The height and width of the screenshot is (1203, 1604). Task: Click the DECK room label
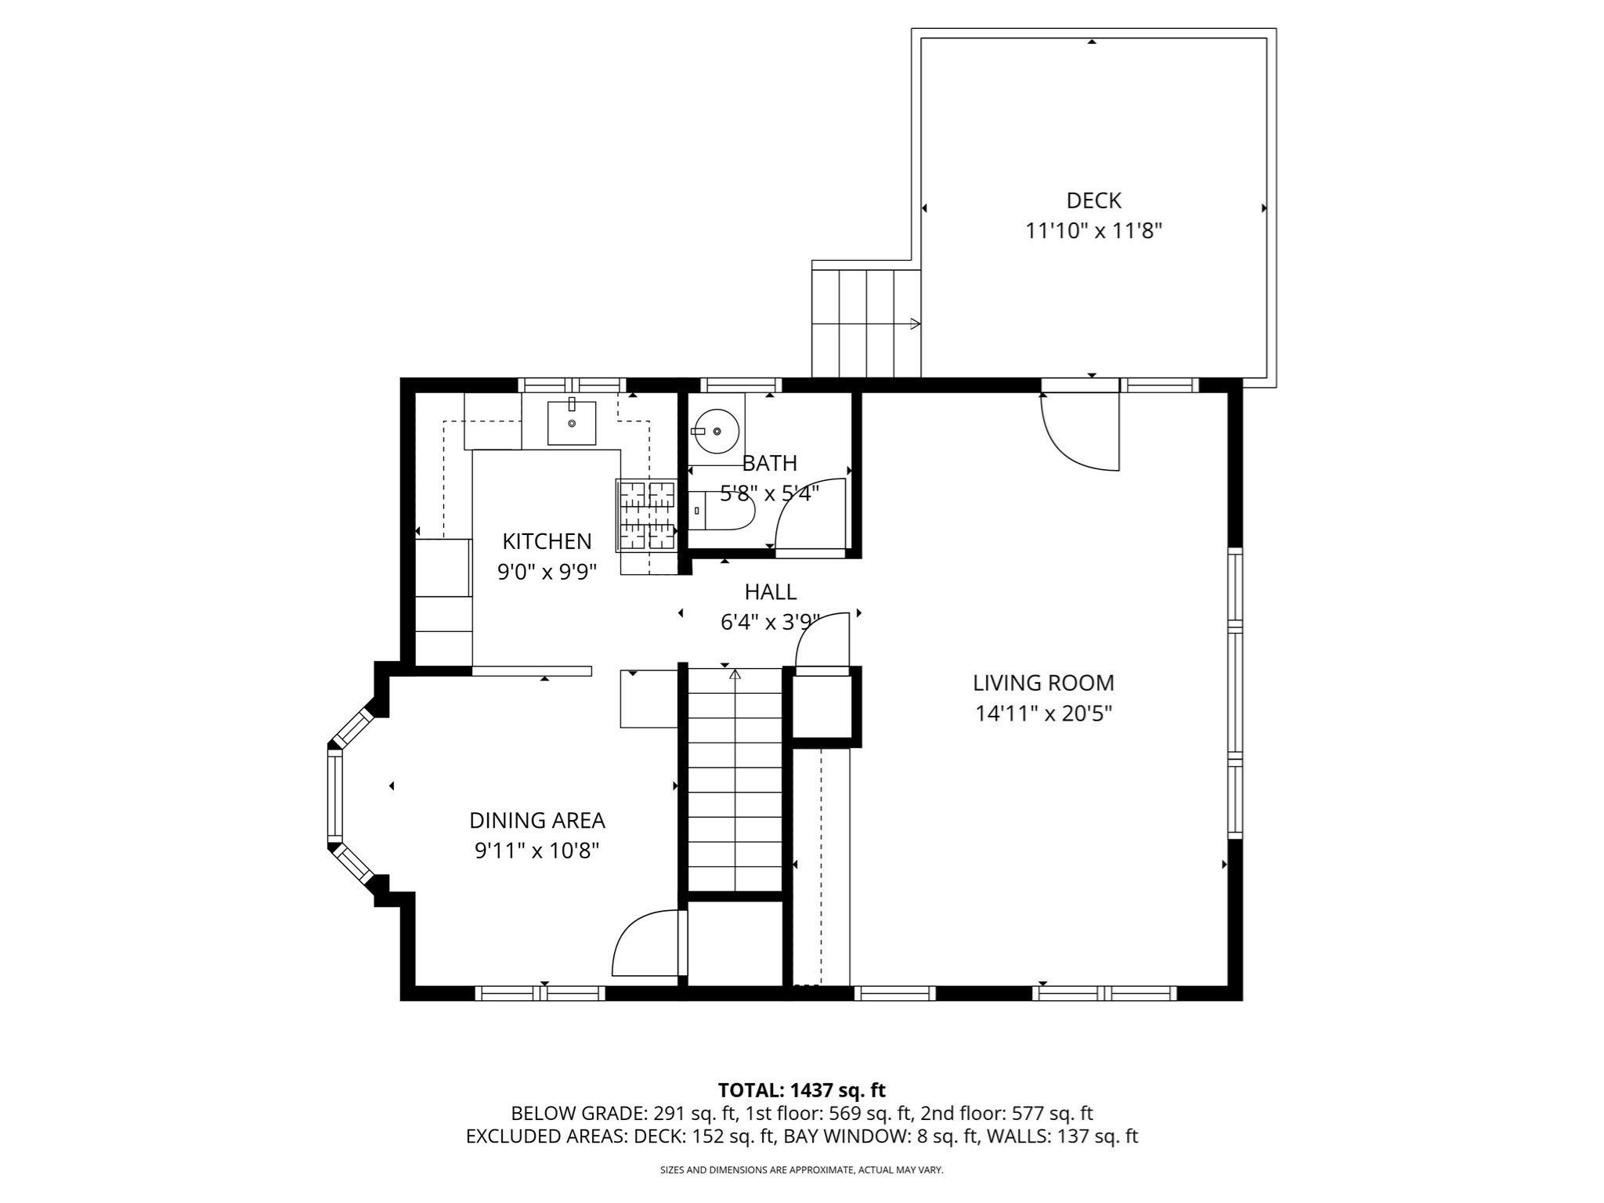pos(1093,200)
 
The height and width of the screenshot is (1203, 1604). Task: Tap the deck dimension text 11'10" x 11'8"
pos(1093,231)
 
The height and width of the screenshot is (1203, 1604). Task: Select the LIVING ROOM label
pos(1043,683)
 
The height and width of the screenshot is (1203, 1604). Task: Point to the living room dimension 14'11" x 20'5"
pos(1043,713)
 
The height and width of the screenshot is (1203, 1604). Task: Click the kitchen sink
pos(571,423)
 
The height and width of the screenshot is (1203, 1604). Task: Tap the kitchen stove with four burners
pos(647,515)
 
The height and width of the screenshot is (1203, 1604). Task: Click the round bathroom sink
pos(716,431)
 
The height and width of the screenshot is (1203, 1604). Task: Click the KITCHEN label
pos(547,541)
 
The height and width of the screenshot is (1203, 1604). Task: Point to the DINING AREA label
pos(536,821)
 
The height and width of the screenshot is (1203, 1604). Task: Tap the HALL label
pos(771,592)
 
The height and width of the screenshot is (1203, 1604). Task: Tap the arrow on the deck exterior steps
pos(915,323)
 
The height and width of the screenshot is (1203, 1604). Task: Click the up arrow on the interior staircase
pos(735,674)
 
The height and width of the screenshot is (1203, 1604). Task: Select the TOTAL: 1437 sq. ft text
pos(801,1090)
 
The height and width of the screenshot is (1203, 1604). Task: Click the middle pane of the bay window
pos(334,795)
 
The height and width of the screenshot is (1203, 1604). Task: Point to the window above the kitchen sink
pos(572,385)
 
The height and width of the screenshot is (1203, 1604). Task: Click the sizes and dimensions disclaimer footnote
pos(801,1170)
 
